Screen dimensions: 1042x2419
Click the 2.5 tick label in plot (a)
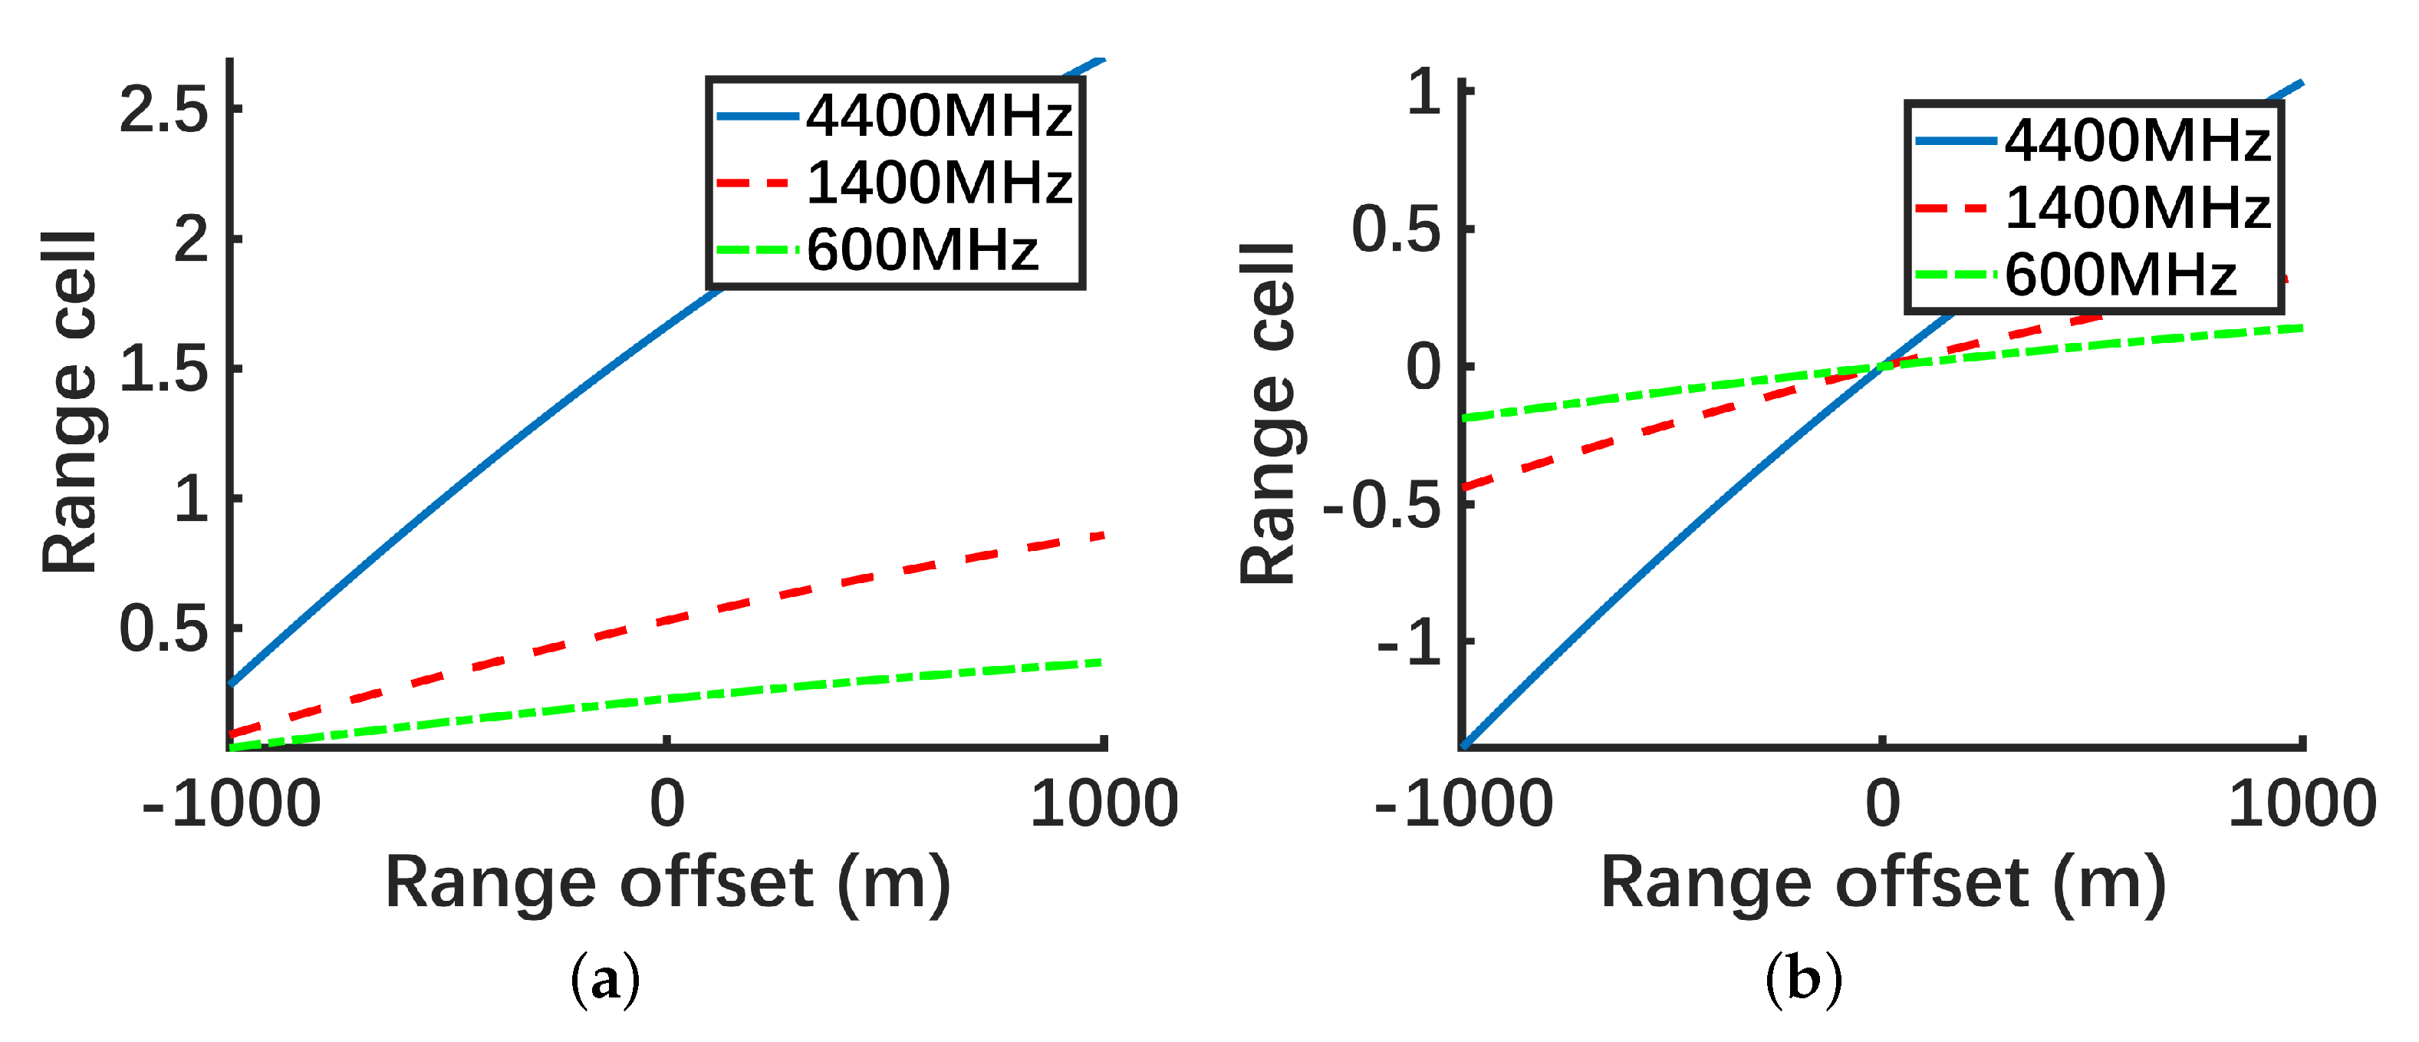point(163,110)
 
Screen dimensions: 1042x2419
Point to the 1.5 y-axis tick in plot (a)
point(163,369)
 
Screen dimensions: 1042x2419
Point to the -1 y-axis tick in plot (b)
point(1409,643)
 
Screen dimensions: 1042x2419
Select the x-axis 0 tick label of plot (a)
point(666,804)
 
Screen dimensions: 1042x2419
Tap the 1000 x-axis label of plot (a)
point(1104,804)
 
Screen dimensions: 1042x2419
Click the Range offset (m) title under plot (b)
point(1883,883)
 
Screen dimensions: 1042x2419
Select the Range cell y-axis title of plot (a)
point(71,402)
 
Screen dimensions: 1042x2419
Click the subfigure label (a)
point(606,980)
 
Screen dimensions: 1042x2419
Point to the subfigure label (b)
point(1803,980)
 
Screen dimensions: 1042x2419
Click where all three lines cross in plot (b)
point(1882,367)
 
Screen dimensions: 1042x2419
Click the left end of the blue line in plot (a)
point(231,683)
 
